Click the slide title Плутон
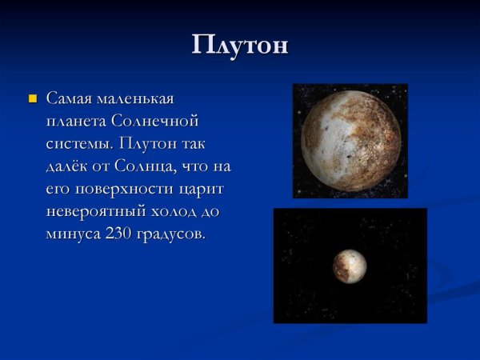(x=240, y=45)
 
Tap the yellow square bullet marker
(x=33, y=99)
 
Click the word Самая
(x=70, y=99)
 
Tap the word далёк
(x=70, y=167)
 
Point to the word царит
(x=205, y=190)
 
